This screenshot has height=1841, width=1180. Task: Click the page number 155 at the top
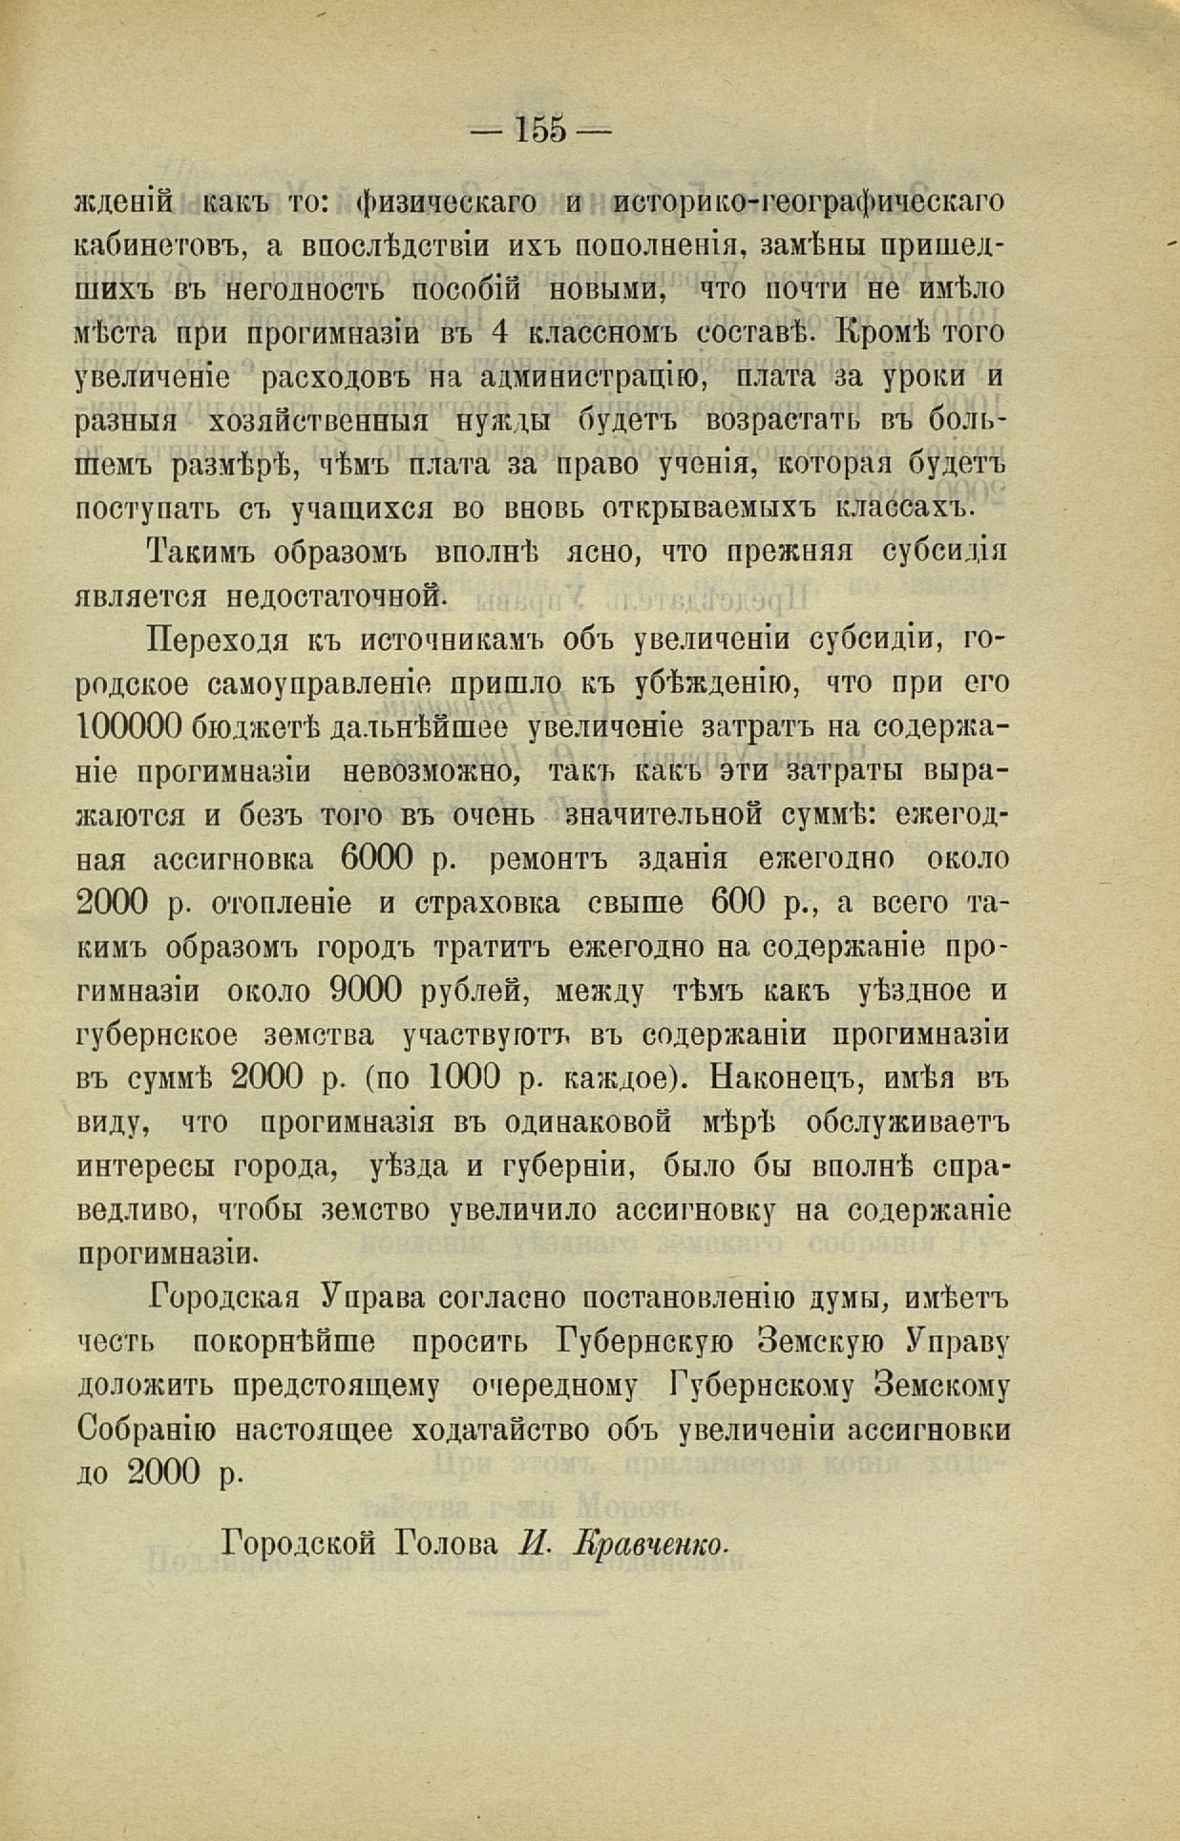click(541, 128)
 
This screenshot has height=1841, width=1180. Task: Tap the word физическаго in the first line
click(444, 202)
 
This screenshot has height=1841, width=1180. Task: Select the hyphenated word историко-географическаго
click(810, 202)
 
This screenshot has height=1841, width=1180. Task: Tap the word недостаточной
click(337, 597)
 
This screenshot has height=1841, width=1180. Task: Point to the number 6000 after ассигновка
click(375, 859)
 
